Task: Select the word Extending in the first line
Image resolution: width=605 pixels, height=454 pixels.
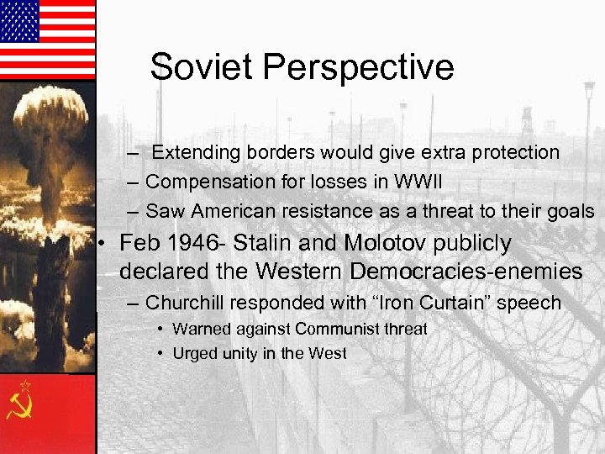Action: click(x=196, y=153)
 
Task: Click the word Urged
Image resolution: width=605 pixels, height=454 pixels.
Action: click(x=192, y=353)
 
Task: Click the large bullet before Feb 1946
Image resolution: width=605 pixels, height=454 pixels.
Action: click(x=102, y=245)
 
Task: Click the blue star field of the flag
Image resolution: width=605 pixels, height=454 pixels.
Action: click(x=20, y=21)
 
